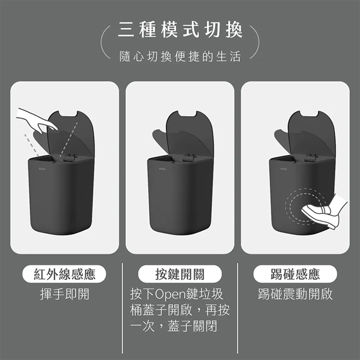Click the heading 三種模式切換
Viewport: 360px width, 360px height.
click(180, 30)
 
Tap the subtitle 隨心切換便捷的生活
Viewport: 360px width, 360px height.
click(180, 57)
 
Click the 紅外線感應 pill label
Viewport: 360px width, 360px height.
click(64, 274)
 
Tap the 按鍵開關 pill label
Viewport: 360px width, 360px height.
click(180, 274)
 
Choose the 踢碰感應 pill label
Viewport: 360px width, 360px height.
click(295, 274)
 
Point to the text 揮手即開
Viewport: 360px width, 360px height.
click(64, 294)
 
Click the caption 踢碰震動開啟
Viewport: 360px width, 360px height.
click(295, 294)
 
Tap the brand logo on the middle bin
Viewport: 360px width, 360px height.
click(163, 169)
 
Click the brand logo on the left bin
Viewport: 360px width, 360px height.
click(42, 169)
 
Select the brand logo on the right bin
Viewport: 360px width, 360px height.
click(284, 169)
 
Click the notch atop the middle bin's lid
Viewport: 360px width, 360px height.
click(187, 113)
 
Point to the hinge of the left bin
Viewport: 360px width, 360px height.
click(69, 157)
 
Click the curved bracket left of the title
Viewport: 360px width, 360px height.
click(105, 42)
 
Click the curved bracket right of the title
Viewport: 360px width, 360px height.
click(255, 42)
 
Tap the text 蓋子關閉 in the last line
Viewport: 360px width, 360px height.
click(192, 326)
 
